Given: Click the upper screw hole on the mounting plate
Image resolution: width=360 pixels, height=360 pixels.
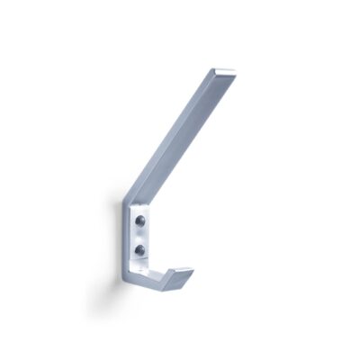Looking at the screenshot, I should (x=140, y=220).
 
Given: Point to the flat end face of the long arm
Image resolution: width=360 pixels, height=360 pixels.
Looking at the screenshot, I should (x=227, y=71).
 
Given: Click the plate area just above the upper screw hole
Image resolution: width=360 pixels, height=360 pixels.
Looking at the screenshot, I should (x=140, y=211).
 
